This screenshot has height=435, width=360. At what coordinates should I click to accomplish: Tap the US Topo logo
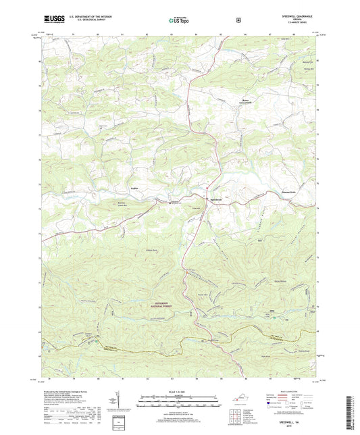179,21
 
